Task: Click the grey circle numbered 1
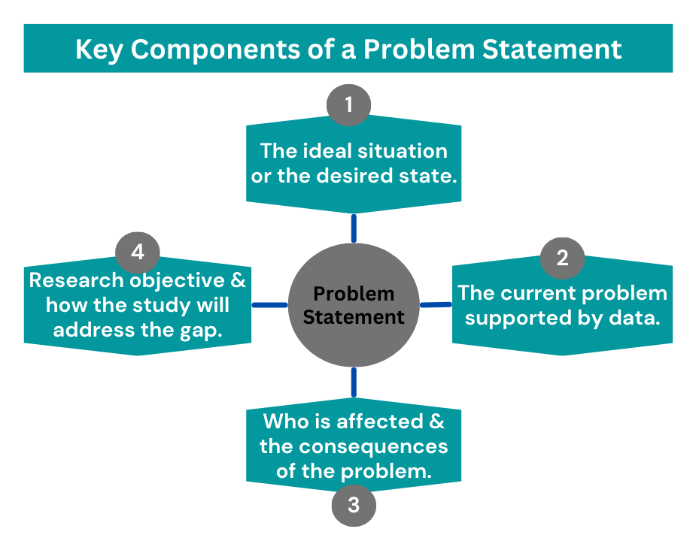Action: pos(348,104)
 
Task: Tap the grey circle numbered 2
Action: pos(562,258)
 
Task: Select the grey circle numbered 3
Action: pos(354,506)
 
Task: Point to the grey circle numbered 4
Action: pos(138,252)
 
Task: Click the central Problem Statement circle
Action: pos(353,304)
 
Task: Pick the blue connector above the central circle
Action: pos(353,228)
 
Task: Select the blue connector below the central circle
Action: pos(353,382)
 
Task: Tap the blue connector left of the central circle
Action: pos(269,305)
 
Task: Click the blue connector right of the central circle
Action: pos(434,304)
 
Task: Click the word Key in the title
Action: pos(98,50)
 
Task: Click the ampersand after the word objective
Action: pos(238,280)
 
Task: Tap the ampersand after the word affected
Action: pos(436,422)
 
